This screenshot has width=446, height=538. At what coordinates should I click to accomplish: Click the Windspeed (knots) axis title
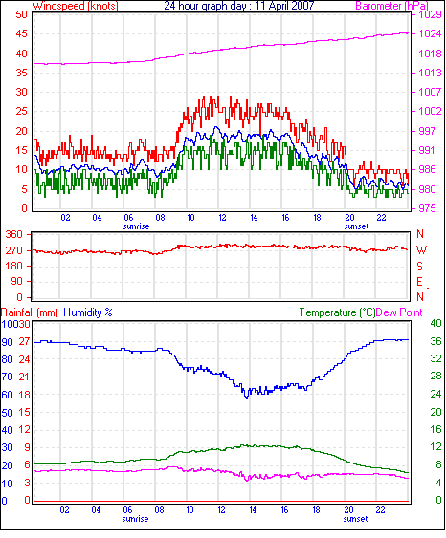(76, 6)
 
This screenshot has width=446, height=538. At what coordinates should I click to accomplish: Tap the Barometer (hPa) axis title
(392, 6)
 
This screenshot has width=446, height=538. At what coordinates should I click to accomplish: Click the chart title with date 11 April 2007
(239, 6)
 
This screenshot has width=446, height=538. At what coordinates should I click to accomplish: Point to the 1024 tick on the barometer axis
(430, 33)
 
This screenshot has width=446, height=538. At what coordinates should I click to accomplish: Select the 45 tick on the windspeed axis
(22, 34)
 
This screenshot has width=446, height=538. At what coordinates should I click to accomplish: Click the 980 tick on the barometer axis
(427, 189)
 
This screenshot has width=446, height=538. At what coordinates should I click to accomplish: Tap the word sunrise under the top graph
(137, 226)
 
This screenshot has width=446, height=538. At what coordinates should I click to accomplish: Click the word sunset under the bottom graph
(355, 519)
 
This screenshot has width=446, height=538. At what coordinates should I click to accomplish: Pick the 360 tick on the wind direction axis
(14, 235)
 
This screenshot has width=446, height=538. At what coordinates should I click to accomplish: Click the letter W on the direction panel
(421, 250)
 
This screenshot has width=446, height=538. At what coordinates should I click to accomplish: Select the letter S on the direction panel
(419, 267)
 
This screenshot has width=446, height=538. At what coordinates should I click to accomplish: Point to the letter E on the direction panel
(419, 282)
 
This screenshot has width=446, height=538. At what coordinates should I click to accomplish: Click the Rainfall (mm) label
(30, 312)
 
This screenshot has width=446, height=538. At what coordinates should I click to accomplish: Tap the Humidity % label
(88, 312)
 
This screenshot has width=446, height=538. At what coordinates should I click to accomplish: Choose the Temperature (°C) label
(337, 312)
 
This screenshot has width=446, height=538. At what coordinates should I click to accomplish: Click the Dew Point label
(399, 312)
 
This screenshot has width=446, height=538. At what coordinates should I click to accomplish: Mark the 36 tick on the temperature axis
(435, 341)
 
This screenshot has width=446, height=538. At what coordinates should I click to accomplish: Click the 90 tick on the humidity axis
(8, 342)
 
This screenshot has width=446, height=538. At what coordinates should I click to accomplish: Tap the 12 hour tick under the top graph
(222, 218)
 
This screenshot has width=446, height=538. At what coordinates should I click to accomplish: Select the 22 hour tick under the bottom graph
(380, 510)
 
